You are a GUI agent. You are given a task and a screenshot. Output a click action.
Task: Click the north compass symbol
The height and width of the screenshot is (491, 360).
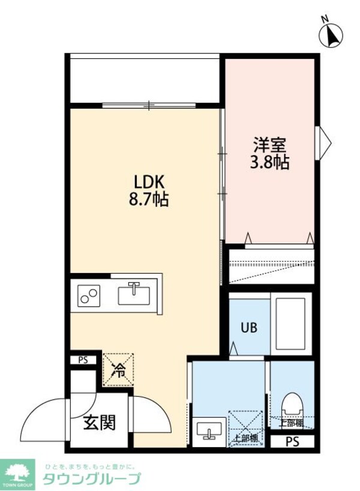331,35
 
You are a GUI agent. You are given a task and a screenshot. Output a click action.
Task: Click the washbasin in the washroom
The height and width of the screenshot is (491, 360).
210,430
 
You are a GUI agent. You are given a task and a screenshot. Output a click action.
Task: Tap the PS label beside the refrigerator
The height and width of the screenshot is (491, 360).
83,361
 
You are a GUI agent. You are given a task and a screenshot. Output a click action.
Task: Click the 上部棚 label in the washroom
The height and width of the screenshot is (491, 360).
246,438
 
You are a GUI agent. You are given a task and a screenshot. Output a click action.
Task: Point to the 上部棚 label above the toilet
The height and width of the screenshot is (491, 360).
291,423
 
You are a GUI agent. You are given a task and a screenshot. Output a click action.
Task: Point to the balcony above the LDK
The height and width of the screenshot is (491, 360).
144,80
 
